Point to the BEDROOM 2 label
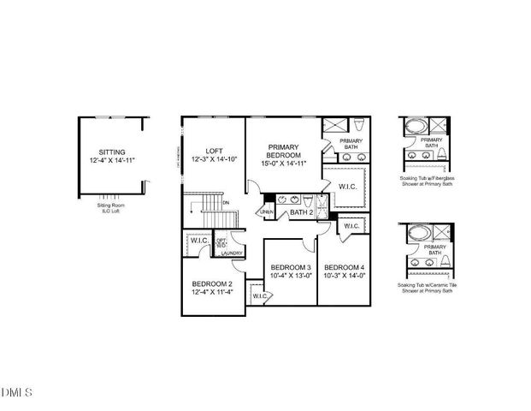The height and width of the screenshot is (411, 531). pyautogui.click(x=212, y=283)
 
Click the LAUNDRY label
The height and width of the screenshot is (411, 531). pyautogui.click(x=232, y=253)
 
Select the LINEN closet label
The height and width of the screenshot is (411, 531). pyautogui.click(x=266, y=211)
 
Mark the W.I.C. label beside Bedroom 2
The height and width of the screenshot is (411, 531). pyautogui.click(x=199, y=241)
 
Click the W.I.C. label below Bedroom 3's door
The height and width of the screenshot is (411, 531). pyautogui.click(x=260, y=296)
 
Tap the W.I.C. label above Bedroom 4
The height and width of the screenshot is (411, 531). pyautogui.click(x=351, y=226)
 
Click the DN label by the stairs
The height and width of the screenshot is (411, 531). pyautogui.click(x=226, y=202)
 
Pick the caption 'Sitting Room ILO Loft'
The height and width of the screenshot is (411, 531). pyautogui.click(x=111, y=209)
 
